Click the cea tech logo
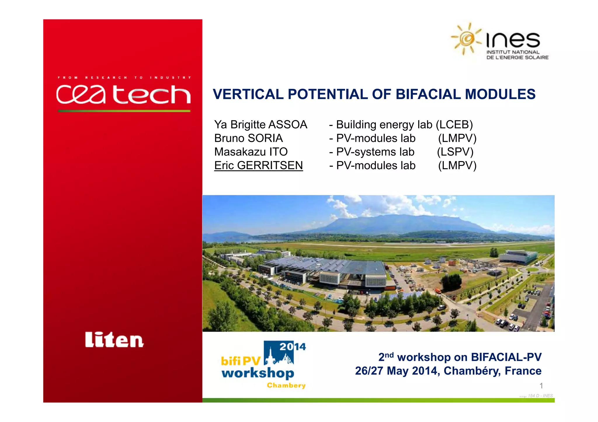[x=123, y=94]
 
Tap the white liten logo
[x=114, y=340]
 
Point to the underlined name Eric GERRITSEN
[x=258, y=165]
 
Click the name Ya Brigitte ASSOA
[x=260, y=125]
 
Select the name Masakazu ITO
[x=251, y=152]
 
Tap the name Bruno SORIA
[x=248, y=138]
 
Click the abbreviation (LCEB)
[x=454, y=125]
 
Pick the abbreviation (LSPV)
[x=455, y=152]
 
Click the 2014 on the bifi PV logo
[x=292, y=346]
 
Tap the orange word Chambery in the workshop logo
[x=286, y=385]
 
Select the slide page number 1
[x=541, y=386]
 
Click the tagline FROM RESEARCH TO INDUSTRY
[x=124, y=78]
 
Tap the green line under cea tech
[x=124, y=111]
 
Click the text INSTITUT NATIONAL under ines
[x=513, y=52]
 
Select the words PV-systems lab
[x=375, y=152]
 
